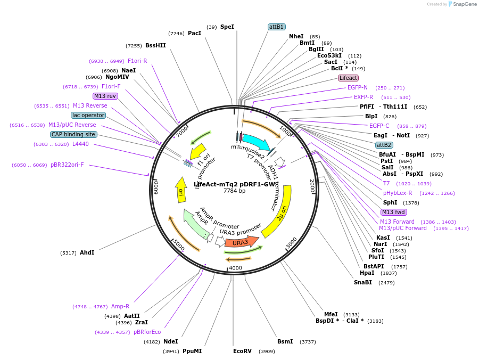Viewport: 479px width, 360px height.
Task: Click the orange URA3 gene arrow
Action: pos(241,242)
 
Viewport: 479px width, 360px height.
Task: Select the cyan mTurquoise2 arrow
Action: pos(256,142)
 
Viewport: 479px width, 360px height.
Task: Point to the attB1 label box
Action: pos(276,27)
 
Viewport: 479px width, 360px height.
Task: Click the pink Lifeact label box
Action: pos(348,78)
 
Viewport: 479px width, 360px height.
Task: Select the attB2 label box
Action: pos(384,145)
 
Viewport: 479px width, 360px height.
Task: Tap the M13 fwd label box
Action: pos(393,212)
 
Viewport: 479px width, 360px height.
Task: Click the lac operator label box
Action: pos(88,115)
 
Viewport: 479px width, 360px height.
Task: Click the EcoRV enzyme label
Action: pos(242,351)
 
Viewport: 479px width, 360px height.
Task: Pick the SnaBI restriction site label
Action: pos(363,282)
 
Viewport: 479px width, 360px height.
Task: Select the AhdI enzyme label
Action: pos(87,252)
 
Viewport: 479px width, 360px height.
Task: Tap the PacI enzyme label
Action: pos(194,33)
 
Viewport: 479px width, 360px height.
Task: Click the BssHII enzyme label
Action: pos(155,45)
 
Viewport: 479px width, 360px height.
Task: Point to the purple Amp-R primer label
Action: pos(120,306)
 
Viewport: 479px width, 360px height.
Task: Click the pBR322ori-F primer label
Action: pos(67,165)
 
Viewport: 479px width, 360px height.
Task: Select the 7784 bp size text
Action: pos(234,191)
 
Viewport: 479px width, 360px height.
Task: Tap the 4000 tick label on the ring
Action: pos(235,268)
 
